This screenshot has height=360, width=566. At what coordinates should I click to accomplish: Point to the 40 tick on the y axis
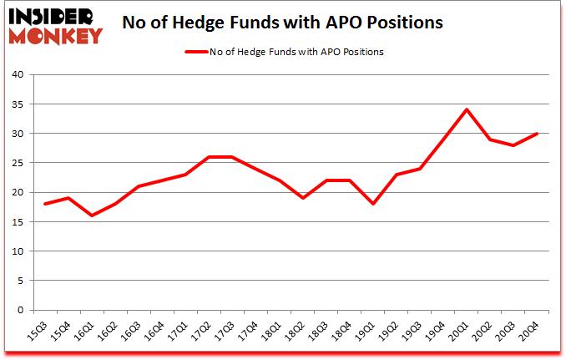16,75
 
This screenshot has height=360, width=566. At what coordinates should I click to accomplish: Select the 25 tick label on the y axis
16,163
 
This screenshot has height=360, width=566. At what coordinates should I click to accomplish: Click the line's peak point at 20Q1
467,109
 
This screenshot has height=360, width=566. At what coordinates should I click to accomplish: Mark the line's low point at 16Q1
92,215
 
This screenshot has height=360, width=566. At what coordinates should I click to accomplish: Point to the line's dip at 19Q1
373,204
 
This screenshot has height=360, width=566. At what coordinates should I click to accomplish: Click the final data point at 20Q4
537,134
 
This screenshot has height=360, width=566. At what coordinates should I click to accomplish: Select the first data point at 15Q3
45,204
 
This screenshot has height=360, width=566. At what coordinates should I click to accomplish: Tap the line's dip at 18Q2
303,198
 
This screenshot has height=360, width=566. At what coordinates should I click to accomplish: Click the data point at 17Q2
210,157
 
